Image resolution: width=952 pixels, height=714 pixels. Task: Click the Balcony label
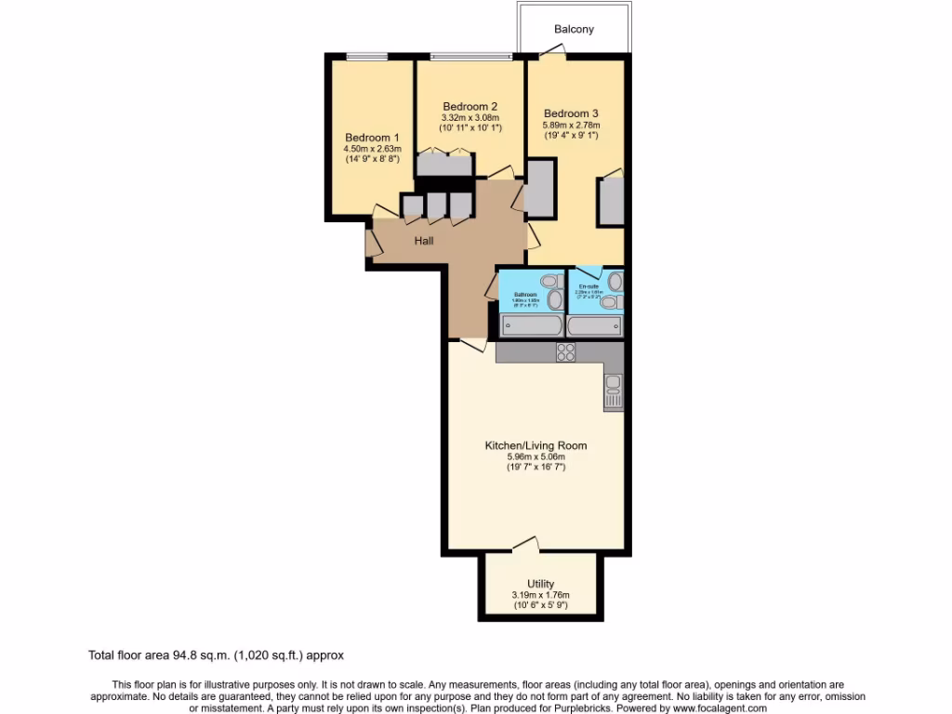(x=574, y=29)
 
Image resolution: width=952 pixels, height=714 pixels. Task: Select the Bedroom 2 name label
(x=469, y=106)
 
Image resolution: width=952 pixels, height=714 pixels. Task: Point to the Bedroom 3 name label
(x=571, y=113)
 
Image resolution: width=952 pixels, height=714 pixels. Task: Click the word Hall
(x=424, y=241)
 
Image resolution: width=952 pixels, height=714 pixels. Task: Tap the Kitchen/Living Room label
(x=535, y=445)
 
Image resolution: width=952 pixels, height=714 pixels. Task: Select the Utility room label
(x=540, y=584)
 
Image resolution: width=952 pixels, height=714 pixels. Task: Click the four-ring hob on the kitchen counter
(x=565, y=351)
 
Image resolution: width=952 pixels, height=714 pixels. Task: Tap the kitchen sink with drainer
(x=613, y=390)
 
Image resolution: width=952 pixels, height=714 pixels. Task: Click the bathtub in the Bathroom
(x=531, y=325)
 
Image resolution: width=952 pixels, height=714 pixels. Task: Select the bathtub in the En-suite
(x=594, y=325)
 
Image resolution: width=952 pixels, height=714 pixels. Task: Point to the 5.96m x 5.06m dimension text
(x=535, y=456)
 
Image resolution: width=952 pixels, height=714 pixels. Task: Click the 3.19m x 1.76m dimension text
(x=540, y=595)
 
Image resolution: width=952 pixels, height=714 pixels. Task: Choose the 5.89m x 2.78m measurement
(x=571, y=125)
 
